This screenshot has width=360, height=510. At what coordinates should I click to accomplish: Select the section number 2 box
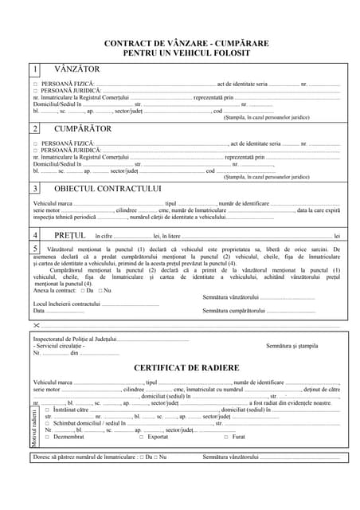[35, 128]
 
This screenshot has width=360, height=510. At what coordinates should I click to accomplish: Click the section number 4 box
[35, 235]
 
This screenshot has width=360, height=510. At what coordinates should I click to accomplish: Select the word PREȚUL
[69, 236]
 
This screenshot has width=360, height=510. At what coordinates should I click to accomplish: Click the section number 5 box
[35, 249]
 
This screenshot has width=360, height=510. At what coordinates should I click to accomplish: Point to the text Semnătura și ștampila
[292, 346]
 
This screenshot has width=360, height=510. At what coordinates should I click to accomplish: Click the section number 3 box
[35, 188]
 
